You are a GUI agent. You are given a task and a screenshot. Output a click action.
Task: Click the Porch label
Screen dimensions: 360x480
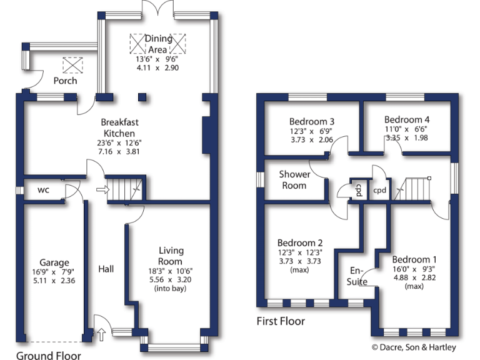pos(65,81)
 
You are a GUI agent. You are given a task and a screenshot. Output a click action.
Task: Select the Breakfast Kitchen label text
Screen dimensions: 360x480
pos(119,128)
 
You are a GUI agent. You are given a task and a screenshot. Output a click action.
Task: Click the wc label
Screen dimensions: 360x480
pos(44,189)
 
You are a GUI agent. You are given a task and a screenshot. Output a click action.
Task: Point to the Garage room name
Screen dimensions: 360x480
pos(54,263)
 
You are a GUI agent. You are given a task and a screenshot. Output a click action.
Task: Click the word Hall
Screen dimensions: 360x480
pos(106,269)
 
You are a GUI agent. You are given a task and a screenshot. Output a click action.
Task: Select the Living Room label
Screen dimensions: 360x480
pos(170,256)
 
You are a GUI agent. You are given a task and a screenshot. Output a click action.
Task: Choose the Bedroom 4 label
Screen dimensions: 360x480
pos(407,119)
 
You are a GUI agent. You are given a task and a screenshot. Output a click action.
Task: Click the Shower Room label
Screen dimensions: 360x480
pos(293,179)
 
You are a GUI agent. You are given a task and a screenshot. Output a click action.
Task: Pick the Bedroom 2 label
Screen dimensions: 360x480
pos(300,242)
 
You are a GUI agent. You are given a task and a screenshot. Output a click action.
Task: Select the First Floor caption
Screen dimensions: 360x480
pos(281,321)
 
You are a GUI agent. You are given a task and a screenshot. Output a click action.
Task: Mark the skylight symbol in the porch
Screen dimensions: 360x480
pos(73,64)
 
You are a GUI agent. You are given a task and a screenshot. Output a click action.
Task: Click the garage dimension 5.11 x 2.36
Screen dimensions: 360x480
pos(54,281)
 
